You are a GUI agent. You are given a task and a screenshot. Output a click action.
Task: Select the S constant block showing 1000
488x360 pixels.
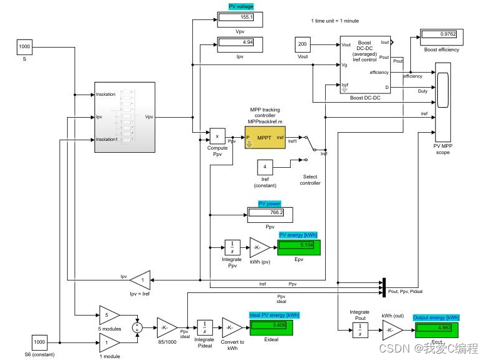pos(25,47)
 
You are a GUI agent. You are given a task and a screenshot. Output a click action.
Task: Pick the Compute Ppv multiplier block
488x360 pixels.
pos(217,136)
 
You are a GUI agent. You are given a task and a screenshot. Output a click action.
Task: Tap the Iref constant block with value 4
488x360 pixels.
pos(265,168)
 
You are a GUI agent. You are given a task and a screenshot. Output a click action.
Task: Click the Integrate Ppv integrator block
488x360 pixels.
pos(232,247)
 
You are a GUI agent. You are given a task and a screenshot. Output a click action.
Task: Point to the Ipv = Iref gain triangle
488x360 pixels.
pos(141,279)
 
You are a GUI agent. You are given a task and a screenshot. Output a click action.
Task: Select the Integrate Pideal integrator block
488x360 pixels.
pos(205,327)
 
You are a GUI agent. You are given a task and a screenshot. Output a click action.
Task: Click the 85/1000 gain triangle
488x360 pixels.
pos(166,327)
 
